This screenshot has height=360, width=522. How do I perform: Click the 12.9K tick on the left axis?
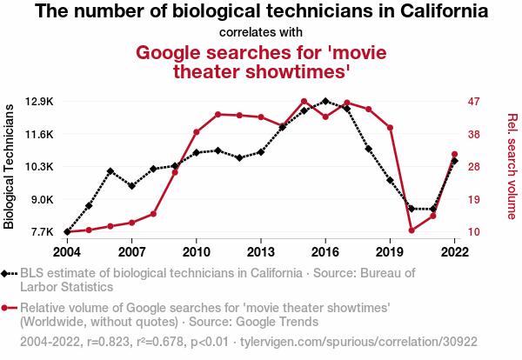(39, 101)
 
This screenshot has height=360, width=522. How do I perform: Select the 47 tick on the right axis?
(474, 101)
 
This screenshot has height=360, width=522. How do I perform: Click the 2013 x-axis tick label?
(261, 251)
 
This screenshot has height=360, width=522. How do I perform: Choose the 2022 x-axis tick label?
(455, 251)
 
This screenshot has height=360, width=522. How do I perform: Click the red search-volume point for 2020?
(412, 230)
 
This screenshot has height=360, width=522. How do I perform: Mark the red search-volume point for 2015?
(304, 102)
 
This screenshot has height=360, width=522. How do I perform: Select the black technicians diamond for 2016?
(325, 101)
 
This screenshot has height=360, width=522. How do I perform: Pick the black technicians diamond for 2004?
(67, 232)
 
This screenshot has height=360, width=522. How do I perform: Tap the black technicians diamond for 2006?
(110, 171)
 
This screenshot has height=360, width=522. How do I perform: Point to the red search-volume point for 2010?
(197, 132)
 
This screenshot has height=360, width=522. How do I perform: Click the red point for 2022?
(455, 154)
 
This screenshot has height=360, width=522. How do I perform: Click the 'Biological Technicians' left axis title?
(10, 166)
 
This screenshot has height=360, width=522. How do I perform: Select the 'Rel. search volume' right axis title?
(512, 166)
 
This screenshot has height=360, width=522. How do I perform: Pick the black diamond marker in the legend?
(10, 273)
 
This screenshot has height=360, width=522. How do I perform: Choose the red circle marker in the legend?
(10, 308)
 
